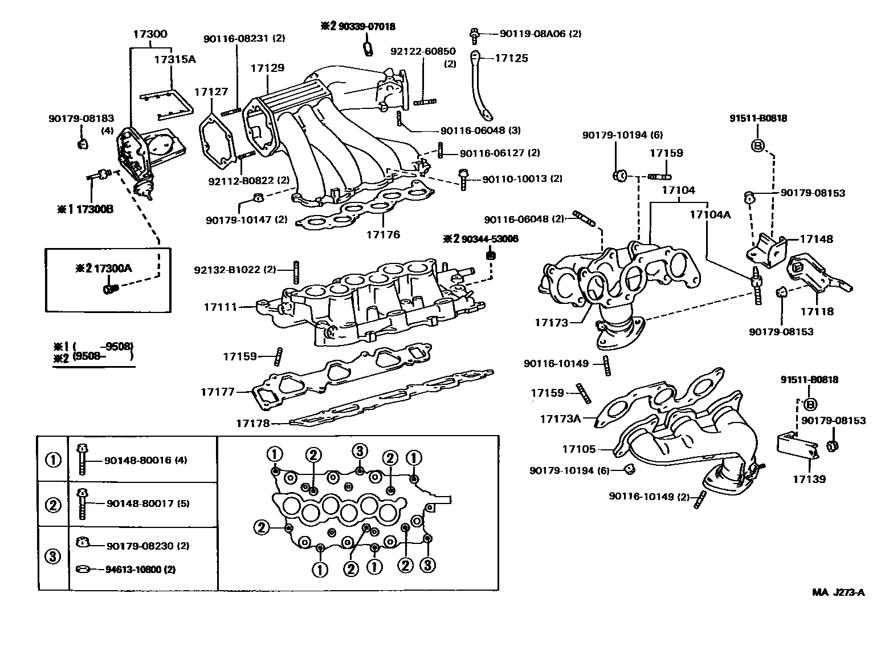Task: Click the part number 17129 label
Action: click(x=267, y=68)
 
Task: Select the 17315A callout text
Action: click(x=175, y=59)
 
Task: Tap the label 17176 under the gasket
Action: click(x=383, y=234)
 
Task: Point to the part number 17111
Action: click(x=220, y=307)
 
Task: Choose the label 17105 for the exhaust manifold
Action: click(x=579, y=449)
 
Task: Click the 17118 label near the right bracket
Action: click(x=817, y=311)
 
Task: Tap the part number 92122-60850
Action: click(x=423, y=51)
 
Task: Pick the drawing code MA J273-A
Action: click(x=838, y=592)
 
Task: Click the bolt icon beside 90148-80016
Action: click(x=82, y=460)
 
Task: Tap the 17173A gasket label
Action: click(x=560, y=419)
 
